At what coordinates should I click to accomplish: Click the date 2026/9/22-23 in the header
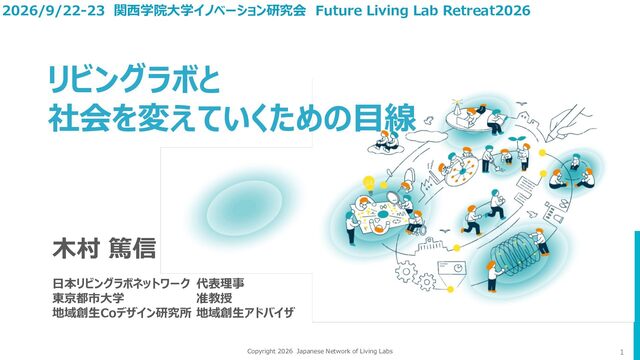[x=53, y=10]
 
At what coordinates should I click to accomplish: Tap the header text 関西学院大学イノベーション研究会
[x=210, y=10]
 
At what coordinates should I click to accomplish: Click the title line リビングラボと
[x=134, y=79]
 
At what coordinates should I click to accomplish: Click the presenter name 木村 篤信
[x=104, y=248]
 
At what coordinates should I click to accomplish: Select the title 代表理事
[x=220, y=283]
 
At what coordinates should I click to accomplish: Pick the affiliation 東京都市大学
[x=88, y=298]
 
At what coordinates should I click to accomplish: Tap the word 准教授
[x=214, y=298]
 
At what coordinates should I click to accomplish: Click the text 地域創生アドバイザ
[x=245, y=313]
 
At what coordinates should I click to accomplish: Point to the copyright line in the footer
[x=320, y=351]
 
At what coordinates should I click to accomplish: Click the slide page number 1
[x=622, y=352]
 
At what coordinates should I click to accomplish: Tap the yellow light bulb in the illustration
[x=369, y=184]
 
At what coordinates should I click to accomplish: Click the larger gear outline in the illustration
[x=406, y=271]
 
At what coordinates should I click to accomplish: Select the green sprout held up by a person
[x=516, y=140]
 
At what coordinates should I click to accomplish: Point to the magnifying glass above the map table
[x=393, y=198]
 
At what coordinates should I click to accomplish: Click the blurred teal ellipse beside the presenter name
[x=244, y=208]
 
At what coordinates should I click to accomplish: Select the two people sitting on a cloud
[x=386, y=143]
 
